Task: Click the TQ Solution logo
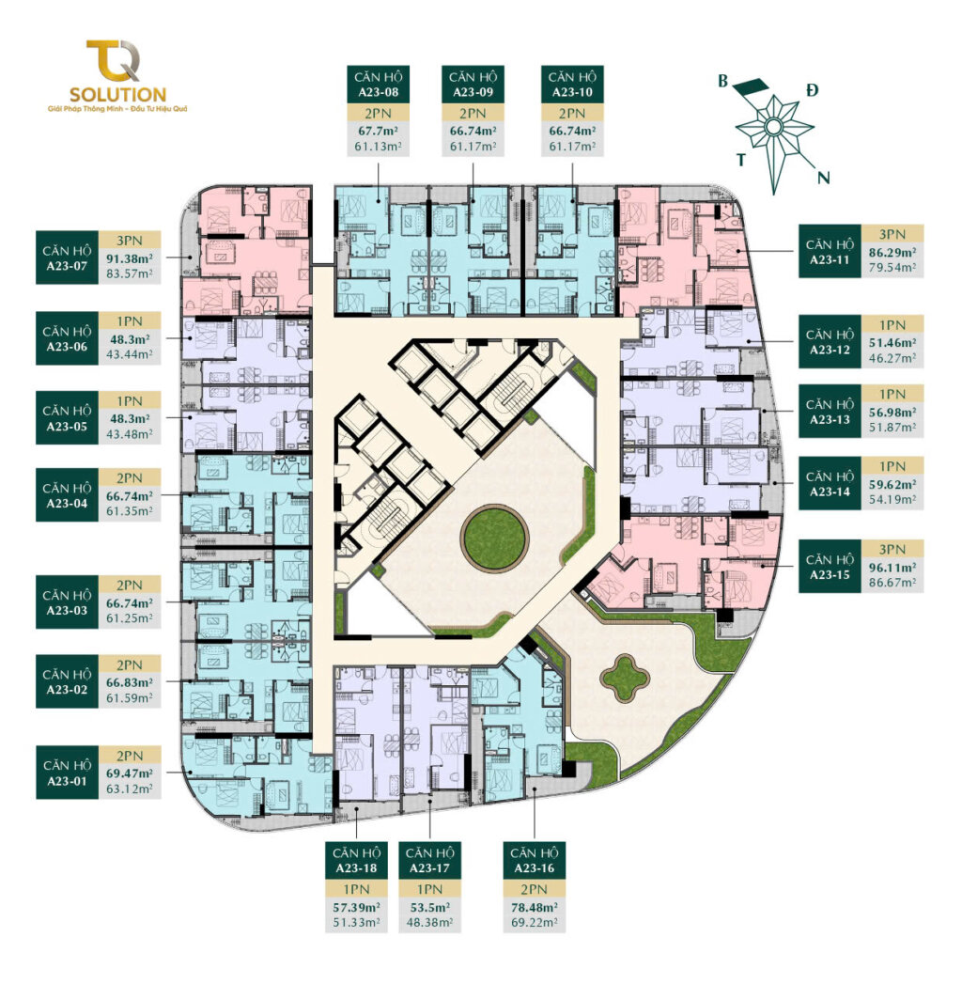pyautogui.click(x=117, y=76)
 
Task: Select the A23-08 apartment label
pyautogui.click(x=379, y=85)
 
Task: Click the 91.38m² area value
pyautogui.click(x=130, y=258)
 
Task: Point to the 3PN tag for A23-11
pyautogui.click(x=892, y=235)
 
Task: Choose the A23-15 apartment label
pyautogui.click(x=830, y=567)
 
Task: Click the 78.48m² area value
pyautogui.click(x=534, y=908)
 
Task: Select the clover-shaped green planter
pyautogui.click(x=626, y=678)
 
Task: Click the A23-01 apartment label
pyautogui.click(x=67, y=773)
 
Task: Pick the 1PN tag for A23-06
pyautogui.click(x=130, y=320)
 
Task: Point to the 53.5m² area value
pyautogui.click(x=429, y=908)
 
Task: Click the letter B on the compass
pyautogui.click(x=723, y=82)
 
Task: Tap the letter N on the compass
pyautogui.click(x=823, y=178)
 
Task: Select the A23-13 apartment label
pyautogui.click(x=830, y=412)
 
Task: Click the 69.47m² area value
pyautogui.click(x=130, y=773)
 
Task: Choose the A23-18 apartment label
pyautogui.click(x=356, y=860)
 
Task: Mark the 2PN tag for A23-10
pyautogui.click(x=572, y=114)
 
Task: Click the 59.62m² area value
pyautogui.click(x=892, y=484)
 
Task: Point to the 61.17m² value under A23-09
pyautogui.click(x=473, y=147)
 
